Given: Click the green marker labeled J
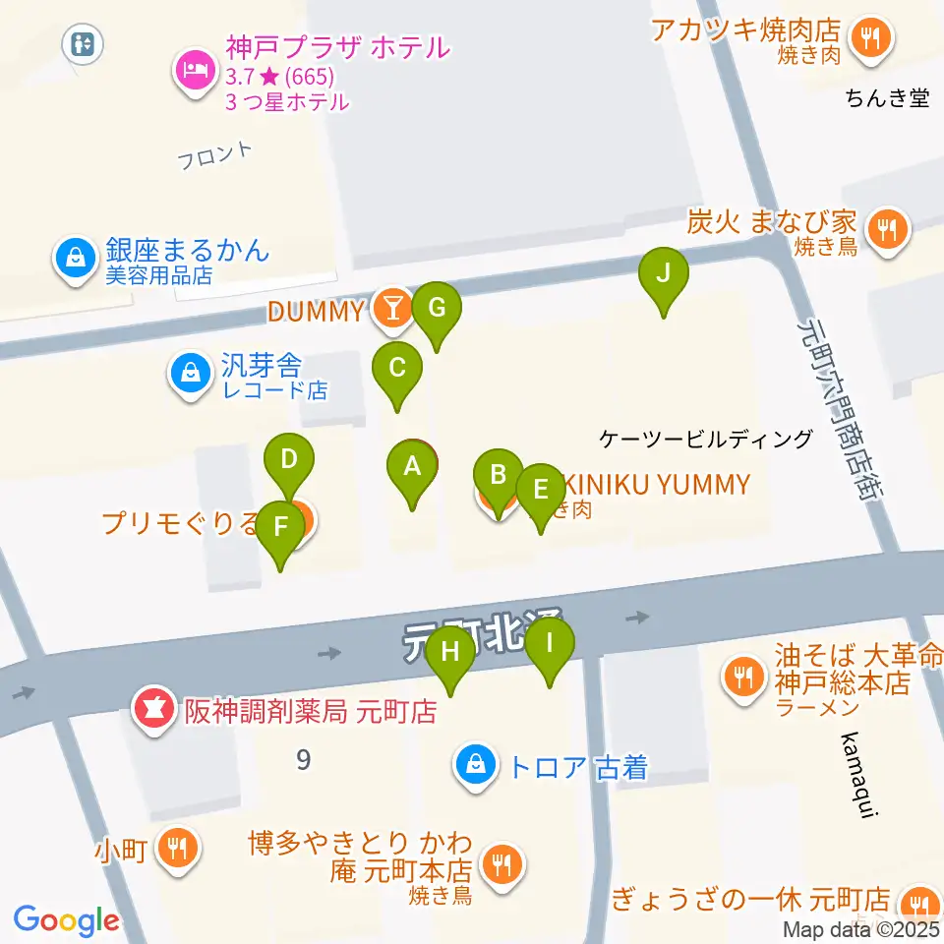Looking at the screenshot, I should pos(664,274).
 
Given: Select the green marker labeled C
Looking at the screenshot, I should pos(397,370).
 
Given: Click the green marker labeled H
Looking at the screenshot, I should pos(450,653).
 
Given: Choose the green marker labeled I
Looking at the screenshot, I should pos(549,645).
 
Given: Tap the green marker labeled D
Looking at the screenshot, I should pos(289,461).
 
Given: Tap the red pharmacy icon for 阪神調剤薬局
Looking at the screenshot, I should pos(152,707).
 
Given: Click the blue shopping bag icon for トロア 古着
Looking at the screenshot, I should pos(476,764).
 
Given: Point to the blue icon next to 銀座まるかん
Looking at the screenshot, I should pos(75,259).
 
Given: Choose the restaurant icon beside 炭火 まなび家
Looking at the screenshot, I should pos(890,230).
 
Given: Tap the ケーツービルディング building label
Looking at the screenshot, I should pos(706,440).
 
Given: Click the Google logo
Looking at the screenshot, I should pos(66,920).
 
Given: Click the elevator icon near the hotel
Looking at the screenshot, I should pos(81,43).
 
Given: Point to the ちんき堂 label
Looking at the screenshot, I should pos(887,97).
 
